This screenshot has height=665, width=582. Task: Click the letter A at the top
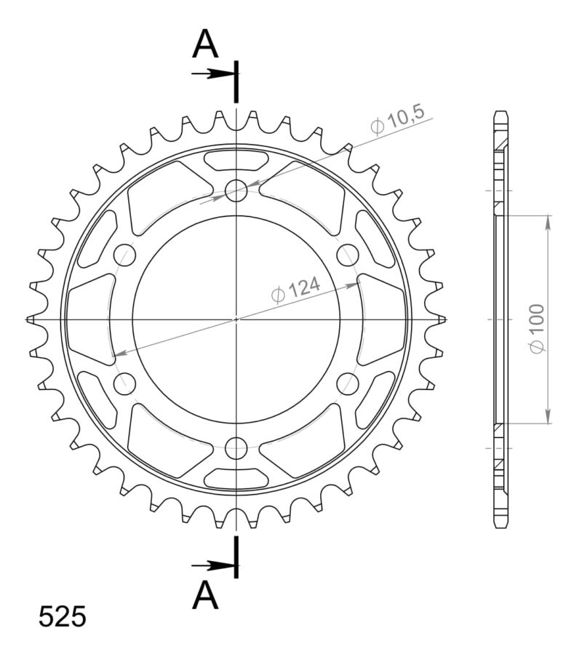[x=206, y=45]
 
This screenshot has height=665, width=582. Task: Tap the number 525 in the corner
[x=62, y=616]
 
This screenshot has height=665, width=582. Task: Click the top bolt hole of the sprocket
[x=236, y=191]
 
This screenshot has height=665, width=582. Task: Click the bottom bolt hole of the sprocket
[x=236, y=447]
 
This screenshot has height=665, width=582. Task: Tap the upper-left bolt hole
[x=125, y=255]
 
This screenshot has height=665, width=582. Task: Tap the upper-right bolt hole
[x=347, y=255]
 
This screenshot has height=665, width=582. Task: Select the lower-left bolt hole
[x=125, y=383]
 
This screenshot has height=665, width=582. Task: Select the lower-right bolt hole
[x=347, y=383]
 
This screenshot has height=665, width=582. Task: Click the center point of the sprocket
[x=236, y=319]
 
